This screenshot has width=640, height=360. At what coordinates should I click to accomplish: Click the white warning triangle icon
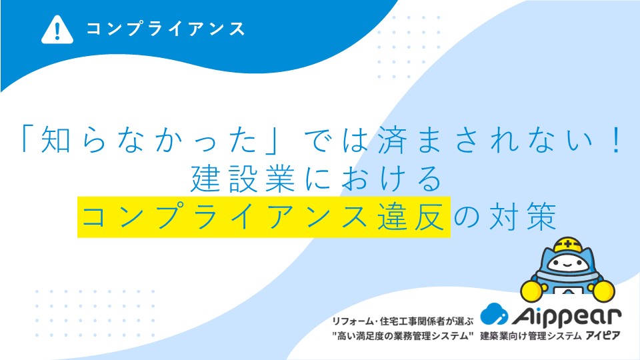[x=57, y=29]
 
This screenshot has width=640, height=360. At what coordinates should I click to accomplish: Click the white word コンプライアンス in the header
[x=165, y=29]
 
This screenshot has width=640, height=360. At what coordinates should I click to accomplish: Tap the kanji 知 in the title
[x=56, y=140]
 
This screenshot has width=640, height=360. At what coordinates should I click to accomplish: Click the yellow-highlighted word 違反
[x=411, y=216]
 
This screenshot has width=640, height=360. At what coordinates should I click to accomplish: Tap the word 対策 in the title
[x=523, y=216]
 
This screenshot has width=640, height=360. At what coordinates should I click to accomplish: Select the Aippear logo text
[x=567, y=316]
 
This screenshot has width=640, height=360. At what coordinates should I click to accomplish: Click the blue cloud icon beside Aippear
[x=494, y=314]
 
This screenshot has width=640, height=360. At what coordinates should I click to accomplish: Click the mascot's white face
[x=568, y=263]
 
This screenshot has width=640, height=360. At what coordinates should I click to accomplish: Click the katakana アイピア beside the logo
[x=603, y=336]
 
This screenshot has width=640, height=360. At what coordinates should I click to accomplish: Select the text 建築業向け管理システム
[x=531, y=336]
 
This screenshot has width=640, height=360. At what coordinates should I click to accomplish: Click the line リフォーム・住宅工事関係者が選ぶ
[x=403, y=321]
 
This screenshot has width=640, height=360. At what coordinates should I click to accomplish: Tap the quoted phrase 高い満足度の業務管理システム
[x=403, y=336]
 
